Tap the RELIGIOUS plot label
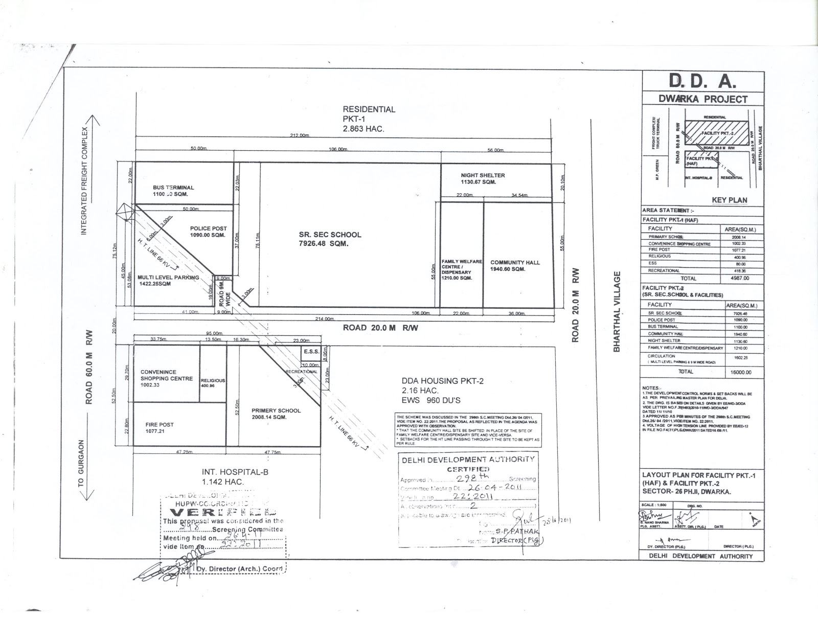(213, 381)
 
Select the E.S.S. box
(311, 352)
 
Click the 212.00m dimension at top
(300, 135)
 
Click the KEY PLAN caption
(729, 200)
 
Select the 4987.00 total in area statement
(739, 278)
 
